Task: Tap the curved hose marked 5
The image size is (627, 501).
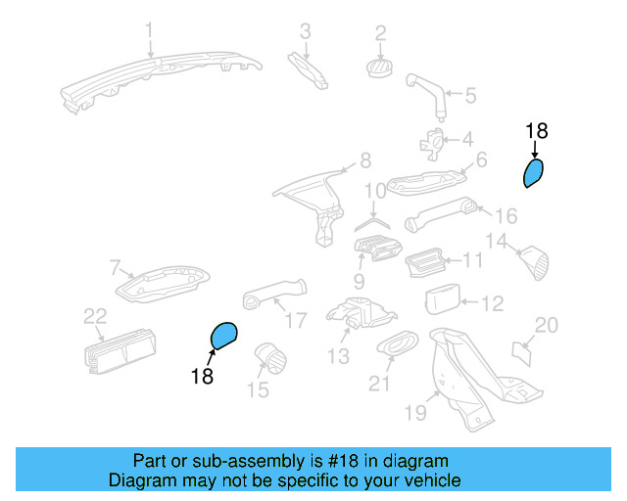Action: click(x=428, y=93)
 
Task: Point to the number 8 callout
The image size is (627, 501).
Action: click(x=364, y=159)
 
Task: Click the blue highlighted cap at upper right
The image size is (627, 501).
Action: click(x=532, y=173)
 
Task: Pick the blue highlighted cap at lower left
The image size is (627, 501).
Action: click(x=224, y=336)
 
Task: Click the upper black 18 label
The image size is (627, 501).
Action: click(x=537, y=130)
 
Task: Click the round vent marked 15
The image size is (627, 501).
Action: click(x=267, y=359)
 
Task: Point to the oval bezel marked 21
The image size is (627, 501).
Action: click(x=397, y=342)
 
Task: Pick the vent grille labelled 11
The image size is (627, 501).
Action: click(x=424, y=263)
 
